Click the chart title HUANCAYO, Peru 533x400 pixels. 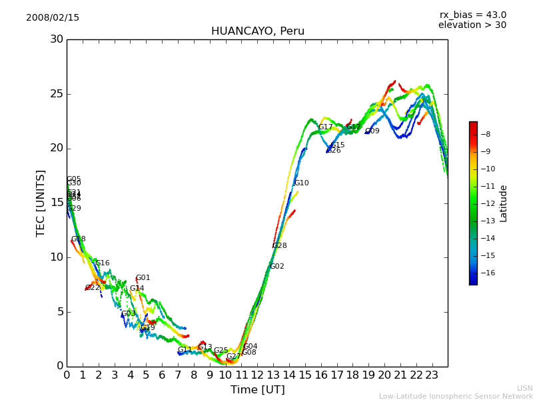257,31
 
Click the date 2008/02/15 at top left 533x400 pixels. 53,18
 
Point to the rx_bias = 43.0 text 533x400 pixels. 472,15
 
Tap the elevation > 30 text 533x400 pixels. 472,25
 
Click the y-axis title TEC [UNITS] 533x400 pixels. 41,203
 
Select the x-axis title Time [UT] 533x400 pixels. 257,390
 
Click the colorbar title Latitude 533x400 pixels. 504,203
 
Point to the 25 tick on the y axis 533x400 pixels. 56,94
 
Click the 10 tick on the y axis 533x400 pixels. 56,257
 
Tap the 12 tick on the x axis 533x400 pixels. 257,375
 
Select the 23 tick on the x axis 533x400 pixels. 432,375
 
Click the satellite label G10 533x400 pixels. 301,183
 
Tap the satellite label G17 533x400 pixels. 325,127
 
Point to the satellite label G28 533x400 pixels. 279,246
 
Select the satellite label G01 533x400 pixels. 143,278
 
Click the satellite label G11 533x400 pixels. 185,350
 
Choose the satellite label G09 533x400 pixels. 372,131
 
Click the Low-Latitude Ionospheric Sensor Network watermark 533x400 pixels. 456,396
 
